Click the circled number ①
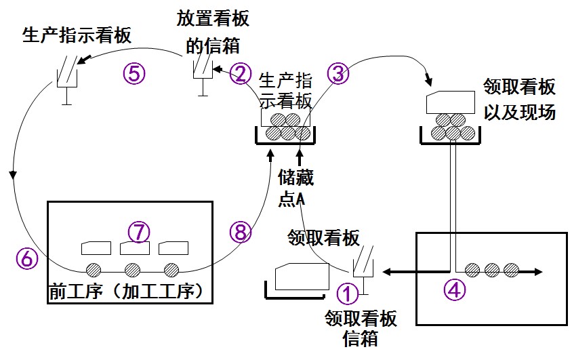click(347, 294)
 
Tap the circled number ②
click(240, 73)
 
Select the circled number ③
click(339, 74)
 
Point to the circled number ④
click(455, 289)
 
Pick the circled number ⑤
click(134, 73)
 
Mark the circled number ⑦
click(139, 232)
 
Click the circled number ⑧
click(240, 233)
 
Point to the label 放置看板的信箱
click(213, 32)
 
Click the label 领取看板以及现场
click(519, 99)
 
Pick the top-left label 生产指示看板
click(77, 35)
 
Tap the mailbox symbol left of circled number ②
click(201, 73)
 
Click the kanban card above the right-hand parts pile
click(448, 102)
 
